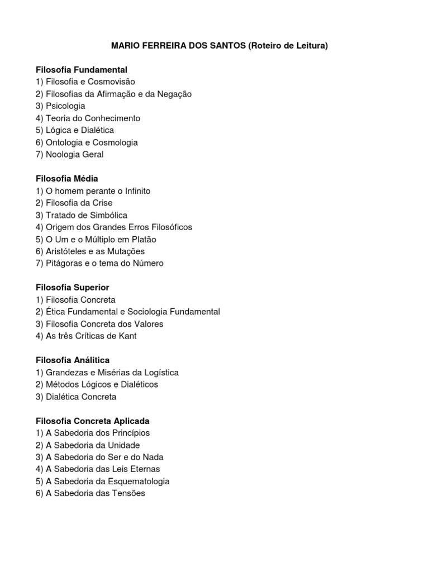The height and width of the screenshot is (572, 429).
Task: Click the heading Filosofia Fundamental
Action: tap(82, 70)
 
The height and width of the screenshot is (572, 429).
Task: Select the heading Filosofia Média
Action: tap(66, 179)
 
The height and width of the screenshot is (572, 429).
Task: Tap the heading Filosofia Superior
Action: tap(72, 288)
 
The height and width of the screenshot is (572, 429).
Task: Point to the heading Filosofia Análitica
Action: tap(72, 360)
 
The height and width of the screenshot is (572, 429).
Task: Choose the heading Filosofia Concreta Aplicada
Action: tap(92, 421)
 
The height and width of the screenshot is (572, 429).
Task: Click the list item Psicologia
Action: tap(65, 106)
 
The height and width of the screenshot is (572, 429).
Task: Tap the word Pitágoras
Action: tap(65, 264)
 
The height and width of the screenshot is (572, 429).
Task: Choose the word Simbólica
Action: tap(107, 215)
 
